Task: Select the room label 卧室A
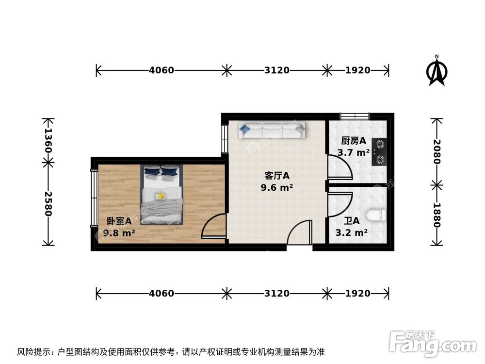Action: tap(119, 221)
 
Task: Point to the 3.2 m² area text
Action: tap(351, 232)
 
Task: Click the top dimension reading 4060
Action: tap(161, 70)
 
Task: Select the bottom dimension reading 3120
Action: tap(277, 293)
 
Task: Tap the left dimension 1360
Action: tap(48, 140)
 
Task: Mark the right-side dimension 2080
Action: tap(437, 151)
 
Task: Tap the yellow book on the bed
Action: tap(160, 196)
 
